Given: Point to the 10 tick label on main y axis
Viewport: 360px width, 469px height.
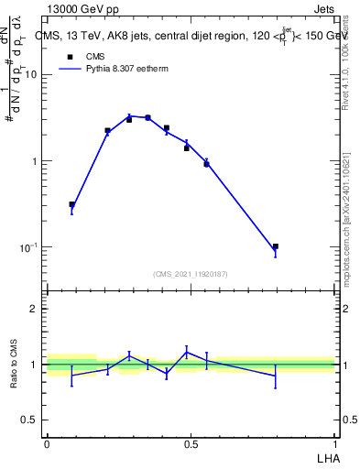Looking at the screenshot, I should tap(29, 75).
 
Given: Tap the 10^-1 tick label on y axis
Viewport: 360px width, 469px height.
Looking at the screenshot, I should tap(27, 248).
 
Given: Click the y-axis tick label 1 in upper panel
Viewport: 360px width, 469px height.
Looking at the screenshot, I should tap(35, 162).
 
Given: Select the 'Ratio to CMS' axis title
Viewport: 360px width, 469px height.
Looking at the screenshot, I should tap(14, 364).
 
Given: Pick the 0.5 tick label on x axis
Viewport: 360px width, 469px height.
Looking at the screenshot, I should tap(191, 443).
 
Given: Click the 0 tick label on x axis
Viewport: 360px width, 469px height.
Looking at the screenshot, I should tap(47, 443).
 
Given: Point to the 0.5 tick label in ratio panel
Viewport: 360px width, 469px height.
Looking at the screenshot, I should tap(29, 420).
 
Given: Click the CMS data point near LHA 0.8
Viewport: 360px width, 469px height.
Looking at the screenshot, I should tap(276, 246).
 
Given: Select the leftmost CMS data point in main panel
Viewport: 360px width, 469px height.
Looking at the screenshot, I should tap(72, 204).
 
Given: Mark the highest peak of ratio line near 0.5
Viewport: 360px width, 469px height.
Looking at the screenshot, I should tap(187, 351).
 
